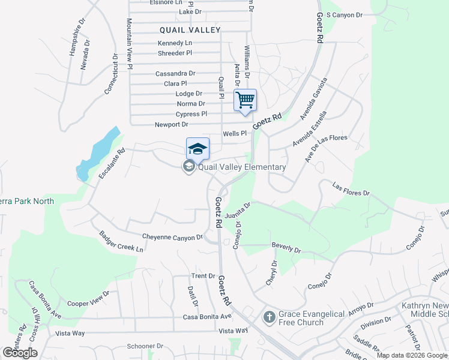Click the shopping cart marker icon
click(x=245, y=100)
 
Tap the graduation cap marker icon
click(x=197, y=149)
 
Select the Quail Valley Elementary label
click(x=242, y=167)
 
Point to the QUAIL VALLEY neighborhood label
click(x=190, y=29)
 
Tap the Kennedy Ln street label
click(x=175, y=43)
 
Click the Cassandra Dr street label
click(x=175, y=74)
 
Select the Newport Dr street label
click(x=172, y=125)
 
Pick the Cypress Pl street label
click(x=191, y=114)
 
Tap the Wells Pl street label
click(x=235, y=134)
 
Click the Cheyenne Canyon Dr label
click(x=172, y=238)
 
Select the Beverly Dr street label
click(x=286, y=246)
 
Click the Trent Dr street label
click(x=203, y=276)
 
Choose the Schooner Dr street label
click(x=145, y=346)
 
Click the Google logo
click(x=20, y=352)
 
